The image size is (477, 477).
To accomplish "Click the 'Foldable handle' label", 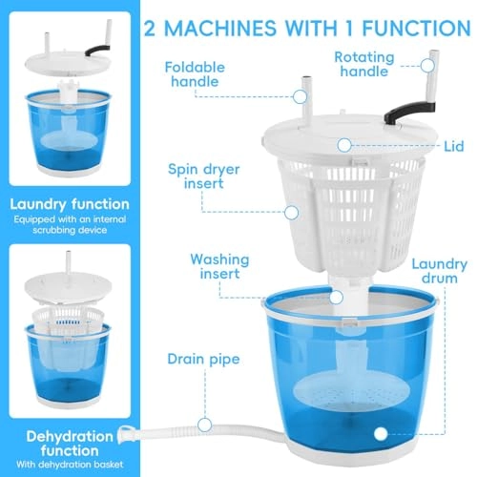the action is pos(195,74).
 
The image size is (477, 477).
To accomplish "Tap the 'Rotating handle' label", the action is pos(364,64).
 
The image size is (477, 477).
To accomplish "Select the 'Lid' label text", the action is pos(454,146).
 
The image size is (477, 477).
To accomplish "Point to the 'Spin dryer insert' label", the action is pos(204,176).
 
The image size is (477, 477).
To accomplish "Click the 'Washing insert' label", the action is pos(219,266).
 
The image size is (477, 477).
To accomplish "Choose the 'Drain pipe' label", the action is pos(203,360).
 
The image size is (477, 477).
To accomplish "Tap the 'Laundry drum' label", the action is pos(440,271).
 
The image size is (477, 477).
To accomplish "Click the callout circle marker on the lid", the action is pos(344,146).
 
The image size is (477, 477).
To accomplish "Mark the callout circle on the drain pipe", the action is pos(204,425).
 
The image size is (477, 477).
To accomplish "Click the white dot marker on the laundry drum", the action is pos(381,434).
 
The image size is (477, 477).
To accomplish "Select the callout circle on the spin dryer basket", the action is pos(291,213).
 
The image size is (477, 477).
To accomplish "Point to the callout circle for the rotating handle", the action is pos(427,66).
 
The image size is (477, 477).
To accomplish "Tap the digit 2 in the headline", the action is pos(150,29).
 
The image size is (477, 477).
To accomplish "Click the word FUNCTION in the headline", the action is pos(417,28).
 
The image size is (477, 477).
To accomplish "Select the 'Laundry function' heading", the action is pos(70,204).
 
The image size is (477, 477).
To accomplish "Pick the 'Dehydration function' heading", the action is pos(70,444).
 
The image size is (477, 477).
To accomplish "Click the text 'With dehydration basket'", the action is pos(70,465).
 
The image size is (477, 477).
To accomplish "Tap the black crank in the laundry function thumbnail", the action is pos(97,51).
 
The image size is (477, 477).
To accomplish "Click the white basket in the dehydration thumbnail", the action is pos(68,319).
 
